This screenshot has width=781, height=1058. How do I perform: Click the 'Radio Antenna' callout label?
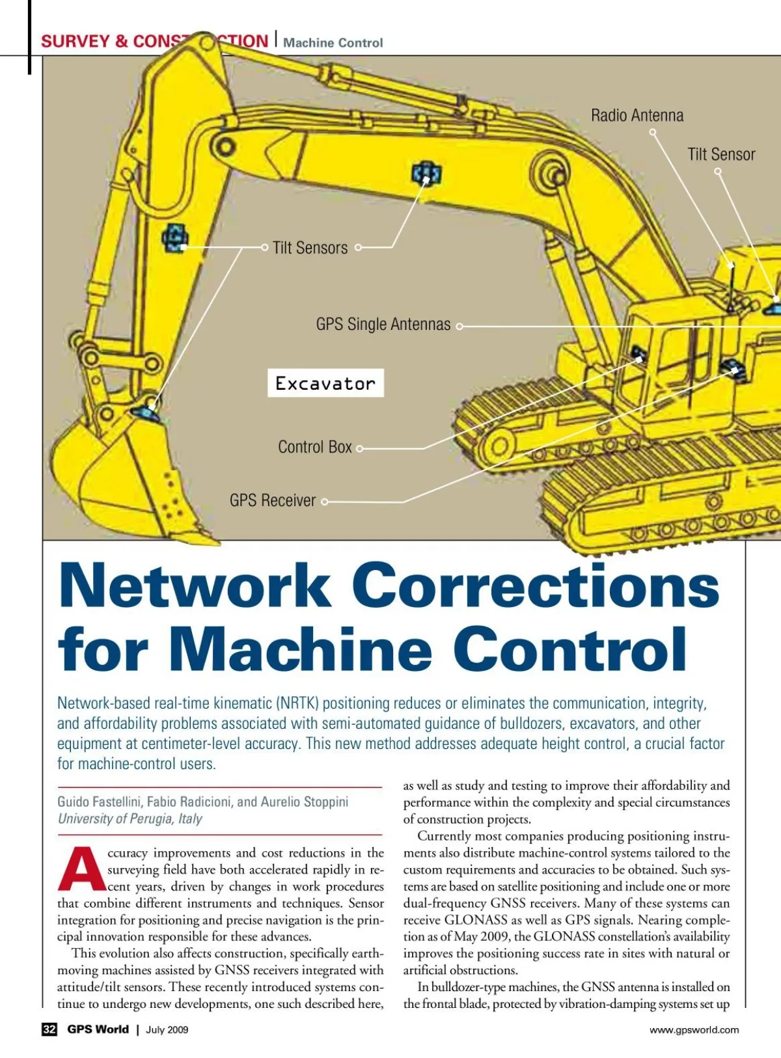[x=637, y=116]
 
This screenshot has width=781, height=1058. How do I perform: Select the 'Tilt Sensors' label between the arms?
[x=310, y=248]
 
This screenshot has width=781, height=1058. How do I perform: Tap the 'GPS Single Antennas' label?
[x=383, y=324]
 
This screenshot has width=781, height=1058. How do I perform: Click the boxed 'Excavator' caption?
[x=325, y=383]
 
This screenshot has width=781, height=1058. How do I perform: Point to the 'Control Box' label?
[x=314, y=447]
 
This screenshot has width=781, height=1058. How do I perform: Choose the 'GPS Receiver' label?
[x=272, y=500]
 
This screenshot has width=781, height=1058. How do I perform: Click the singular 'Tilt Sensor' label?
[x=721, y=155]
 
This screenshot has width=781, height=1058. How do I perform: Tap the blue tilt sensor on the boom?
[x=426, y=173]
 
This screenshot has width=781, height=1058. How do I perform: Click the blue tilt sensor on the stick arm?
[x=175, y=237]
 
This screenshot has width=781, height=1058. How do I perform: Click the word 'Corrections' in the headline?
[x=539, y=586]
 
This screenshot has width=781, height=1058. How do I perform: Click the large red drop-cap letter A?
[x=81, y=869]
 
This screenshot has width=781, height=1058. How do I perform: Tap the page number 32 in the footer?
[x=49, y=1029]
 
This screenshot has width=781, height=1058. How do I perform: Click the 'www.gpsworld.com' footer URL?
[x=694, y=1029]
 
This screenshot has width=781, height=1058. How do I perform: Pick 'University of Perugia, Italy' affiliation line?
[x=130, y=819]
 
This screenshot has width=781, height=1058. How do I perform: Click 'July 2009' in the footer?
[x=167, y=1029]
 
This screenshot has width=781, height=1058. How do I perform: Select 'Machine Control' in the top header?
[x=333, y=43]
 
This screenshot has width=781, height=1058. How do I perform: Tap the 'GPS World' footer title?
[x=98, y=1029]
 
